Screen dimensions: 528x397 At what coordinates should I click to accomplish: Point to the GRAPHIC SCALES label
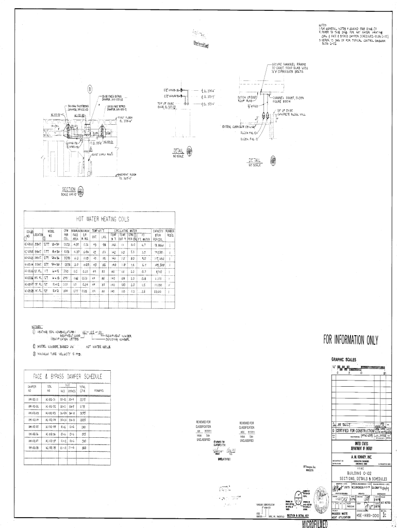(x=343, y=359)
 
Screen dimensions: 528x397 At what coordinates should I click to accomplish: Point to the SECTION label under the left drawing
(x=69, y=189)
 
